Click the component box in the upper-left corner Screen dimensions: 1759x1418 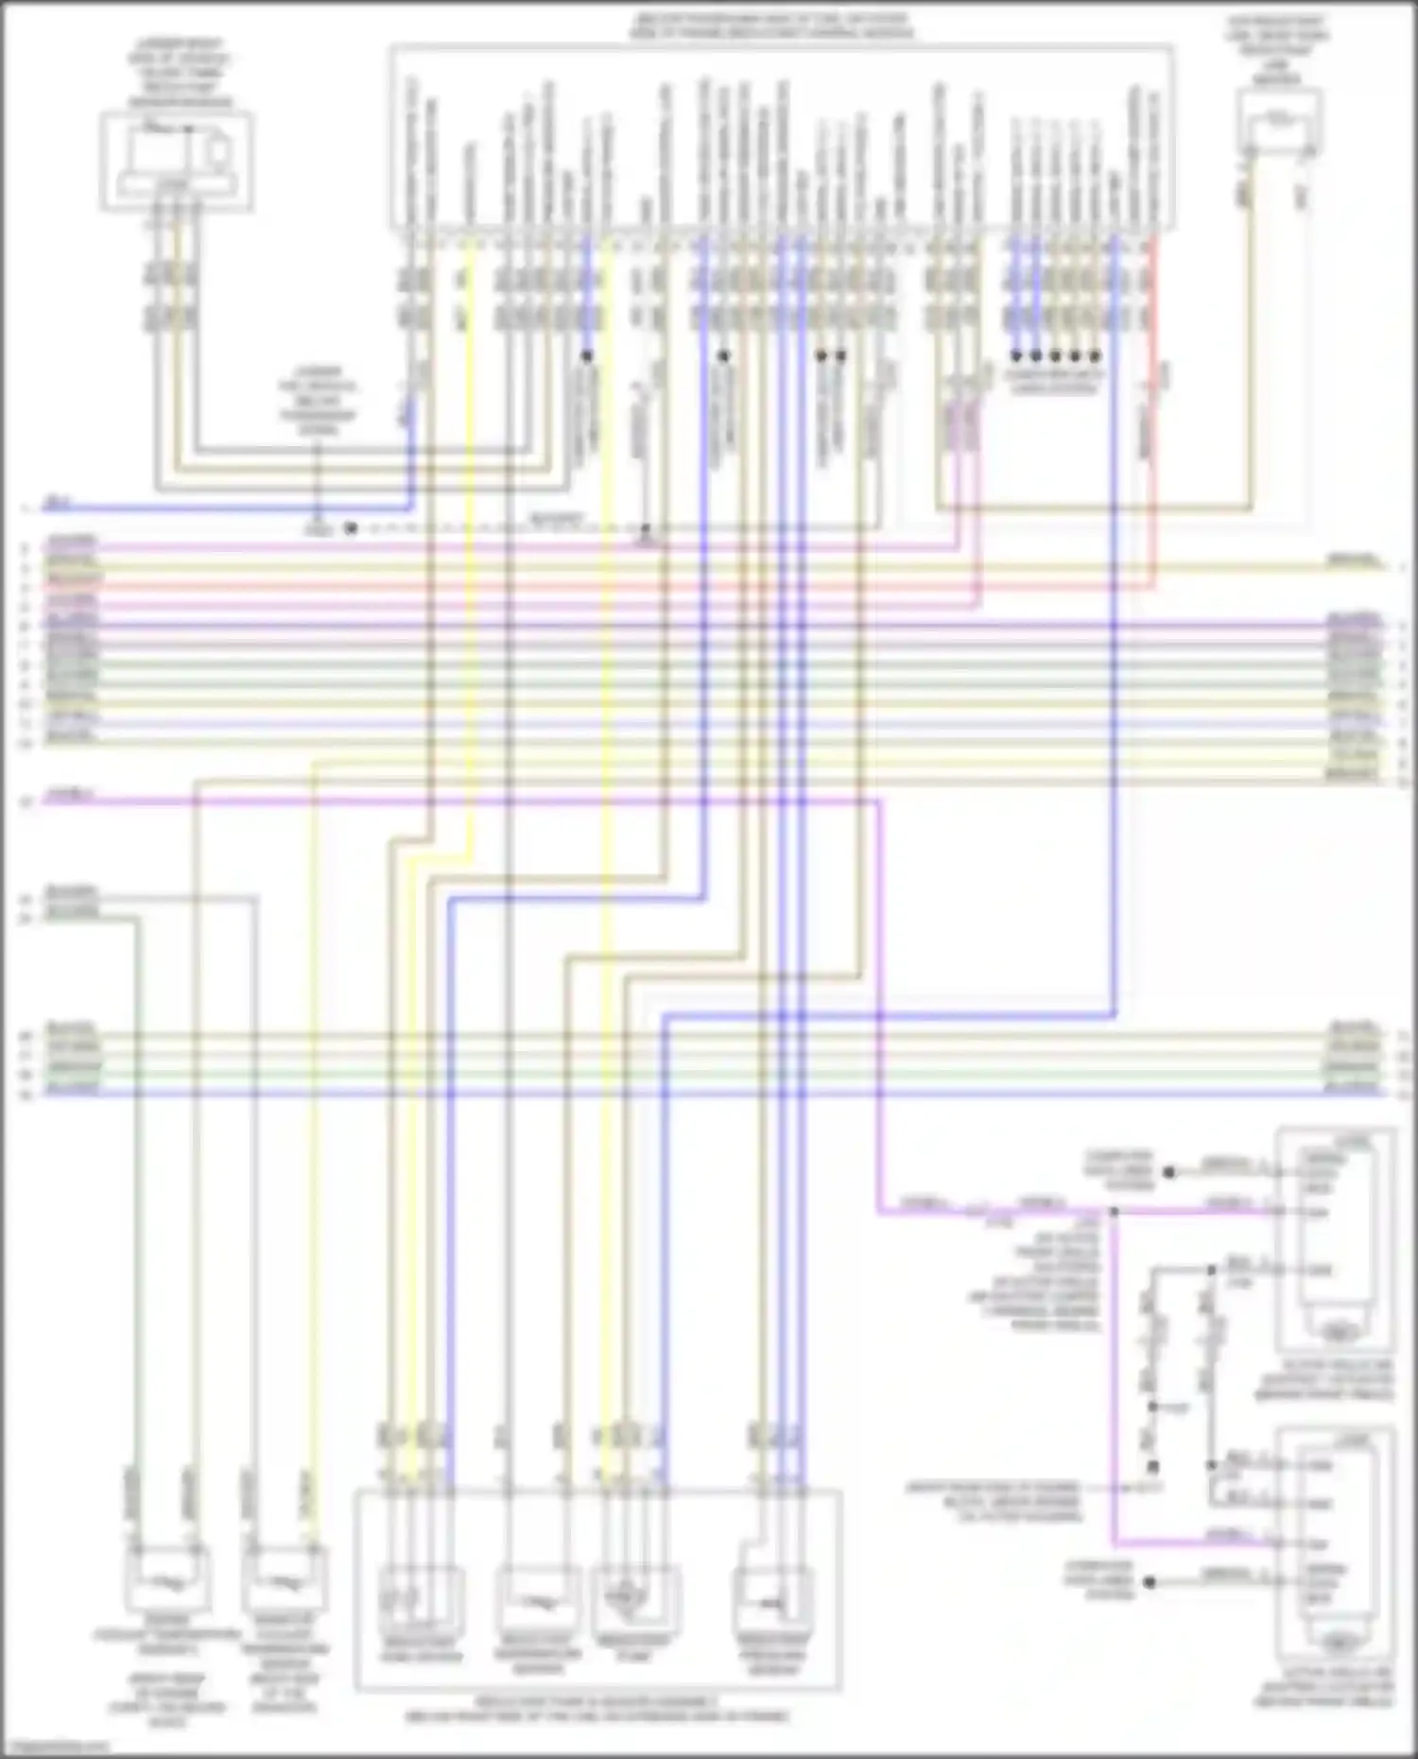[177, 161]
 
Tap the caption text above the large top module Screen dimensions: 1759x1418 [770, 26]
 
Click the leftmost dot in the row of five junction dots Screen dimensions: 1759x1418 [1016, 356]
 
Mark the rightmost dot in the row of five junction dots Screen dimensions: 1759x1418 [1096, 356]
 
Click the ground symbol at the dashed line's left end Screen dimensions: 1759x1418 [319, 529]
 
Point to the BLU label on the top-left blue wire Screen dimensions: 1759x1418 [59, 504]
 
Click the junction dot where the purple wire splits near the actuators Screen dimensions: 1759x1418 [1114, 1211]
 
